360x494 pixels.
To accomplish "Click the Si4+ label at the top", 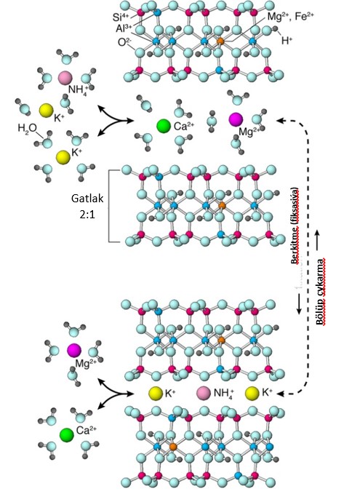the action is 121,17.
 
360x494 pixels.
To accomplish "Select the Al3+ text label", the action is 124,28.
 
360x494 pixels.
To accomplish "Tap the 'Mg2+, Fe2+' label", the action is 291,17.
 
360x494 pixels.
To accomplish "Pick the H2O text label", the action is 27,128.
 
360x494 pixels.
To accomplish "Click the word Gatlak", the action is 87,199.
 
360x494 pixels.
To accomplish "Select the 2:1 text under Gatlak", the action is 87,215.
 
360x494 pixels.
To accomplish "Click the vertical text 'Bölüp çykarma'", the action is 320,292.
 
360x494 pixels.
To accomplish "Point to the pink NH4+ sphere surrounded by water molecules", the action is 65,78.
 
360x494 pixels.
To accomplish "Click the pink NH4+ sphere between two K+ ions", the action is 204,393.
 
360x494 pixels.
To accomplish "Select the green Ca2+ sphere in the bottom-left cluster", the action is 67,435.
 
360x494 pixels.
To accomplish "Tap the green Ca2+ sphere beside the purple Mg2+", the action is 164,126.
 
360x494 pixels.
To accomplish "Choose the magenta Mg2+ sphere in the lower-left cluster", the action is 74,351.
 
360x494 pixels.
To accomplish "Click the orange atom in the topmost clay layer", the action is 220,41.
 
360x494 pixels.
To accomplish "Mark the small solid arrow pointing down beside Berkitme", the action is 299,304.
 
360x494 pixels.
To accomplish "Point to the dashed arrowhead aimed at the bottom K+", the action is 281,393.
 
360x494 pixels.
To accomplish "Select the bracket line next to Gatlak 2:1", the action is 109,207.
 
